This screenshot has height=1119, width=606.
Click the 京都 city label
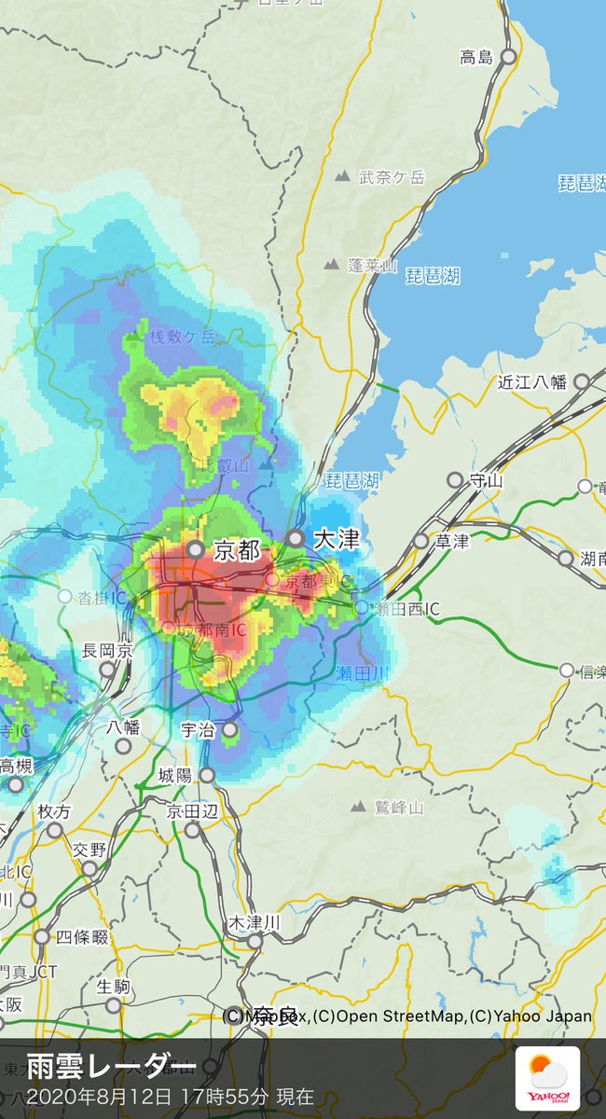coord(237,550)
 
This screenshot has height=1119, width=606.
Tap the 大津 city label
coord(336,539)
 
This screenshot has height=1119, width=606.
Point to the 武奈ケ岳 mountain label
coord(392,176)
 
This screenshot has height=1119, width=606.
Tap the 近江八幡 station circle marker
coord(581,381)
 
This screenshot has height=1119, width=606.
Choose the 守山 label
coord(486,481)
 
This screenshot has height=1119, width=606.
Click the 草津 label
coord(453,542)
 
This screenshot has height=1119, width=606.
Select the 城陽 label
coord(175,775)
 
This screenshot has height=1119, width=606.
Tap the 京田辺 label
coord(193,811)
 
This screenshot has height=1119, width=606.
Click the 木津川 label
coord(255,922)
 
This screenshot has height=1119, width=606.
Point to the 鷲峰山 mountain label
coord(400,808)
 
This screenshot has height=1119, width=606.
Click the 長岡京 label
coord(107,651)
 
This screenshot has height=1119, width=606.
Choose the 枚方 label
coord(54,811)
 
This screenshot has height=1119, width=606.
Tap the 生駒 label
coord(112,986)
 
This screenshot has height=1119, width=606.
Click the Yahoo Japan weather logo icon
coord(548,1078)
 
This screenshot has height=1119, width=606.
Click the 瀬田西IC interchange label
coord(406,608)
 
